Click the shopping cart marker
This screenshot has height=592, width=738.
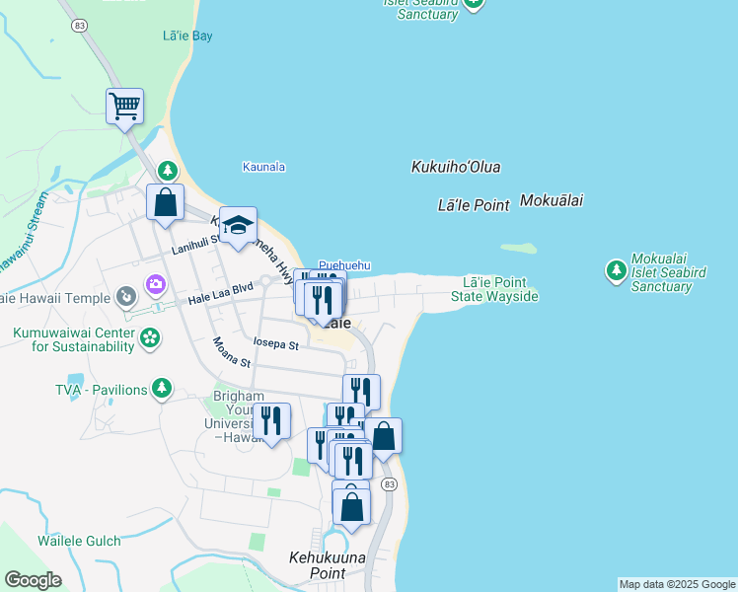124,106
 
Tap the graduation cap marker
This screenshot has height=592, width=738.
238,225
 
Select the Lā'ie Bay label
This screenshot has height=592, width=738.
187,37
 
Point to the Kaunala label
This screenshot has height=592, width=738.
263,167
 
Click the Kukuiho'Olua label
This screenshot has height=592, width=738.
455,168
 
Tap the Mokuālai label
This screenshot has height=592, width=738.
551,200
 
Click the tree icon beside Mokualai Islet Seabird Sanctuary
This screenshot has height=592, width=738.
617,269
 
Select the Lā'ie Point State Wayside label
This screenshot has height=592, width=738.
494,289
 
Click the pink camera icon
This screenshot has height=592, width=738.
155,285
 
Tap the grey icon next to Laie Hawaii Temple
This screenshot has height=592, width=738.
125,296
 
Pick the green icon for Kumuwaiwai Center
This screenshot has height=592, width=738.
149,339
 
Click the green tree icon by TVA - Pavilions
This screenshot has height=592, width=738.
161,389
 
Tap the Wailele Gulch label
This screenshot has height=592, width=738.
79,541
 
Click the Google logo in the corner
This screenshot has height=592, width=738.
33,580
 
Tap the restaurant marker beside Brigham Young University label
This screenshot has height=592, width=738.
271,420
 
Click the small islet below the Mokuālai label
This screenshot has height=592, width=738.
518,248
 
